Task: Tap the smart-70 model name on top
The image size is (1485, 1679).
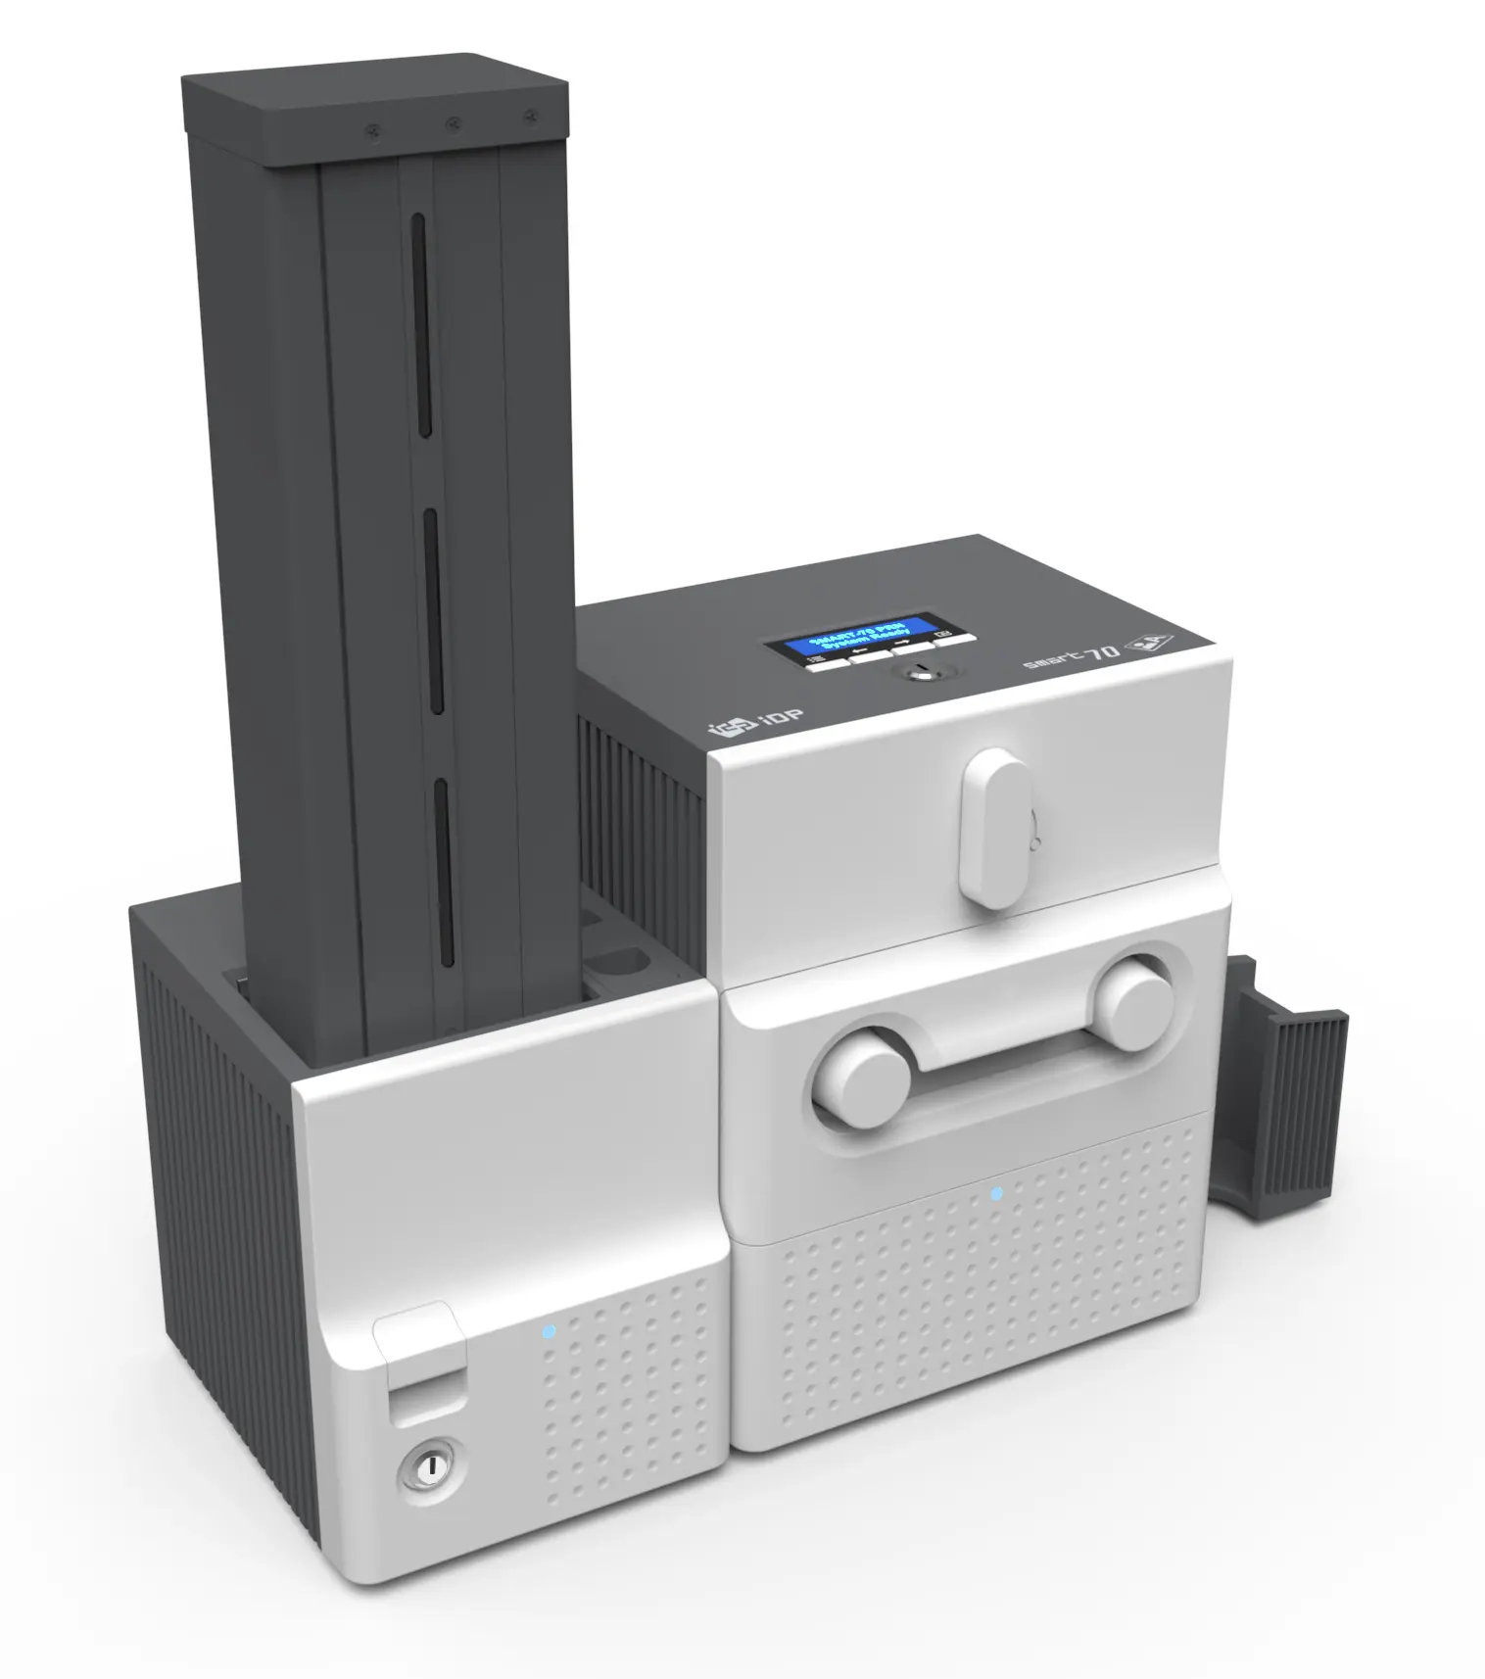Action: (x=1071, y=656)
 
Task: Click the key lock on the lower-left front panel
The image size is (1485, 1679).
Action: (x=429, y=1465)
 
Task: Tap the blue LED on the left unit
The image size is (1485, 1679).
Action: (x=548, y=1331)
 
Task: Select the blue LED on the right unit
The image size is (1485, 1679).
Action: (x=996, y=1193)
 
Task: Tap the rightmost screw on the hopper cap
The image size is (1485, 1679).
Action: (x=530, y=118)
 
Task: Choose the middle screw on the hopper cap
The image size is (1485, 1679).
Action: (x=453, y=124)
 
